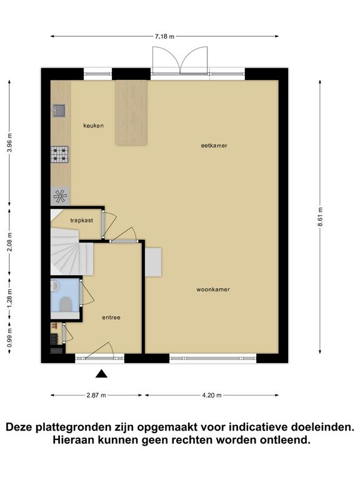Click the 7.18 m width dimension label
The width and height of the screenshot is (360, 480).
tap(164, 36)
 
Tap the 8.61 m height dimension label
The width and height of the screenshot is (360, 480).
tap(320, 217)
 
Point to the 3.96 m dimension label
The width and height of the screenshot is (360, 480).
tap(9, 142)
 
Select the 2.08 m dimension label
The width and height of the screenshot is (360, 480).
tap(9, 242)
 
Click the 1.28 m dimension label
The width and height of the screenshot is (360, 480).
tap(9, 299)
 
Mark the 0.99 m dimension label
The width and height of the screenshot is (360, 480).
tap(9, 337)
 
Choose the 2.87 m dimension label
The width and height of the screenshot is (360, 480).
tap(96, 395)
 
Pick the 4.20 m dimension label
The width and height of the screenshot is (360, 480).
tap(211, 395)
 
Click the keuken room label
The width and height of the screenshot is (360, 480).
tap(93, 126)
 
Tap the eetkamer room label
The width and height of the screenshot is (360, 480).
tap(214, 146)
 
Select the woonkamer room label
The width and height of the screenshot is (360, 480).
tap(213, 289)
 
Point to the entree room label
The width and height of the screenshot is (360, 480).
tap(111, 317)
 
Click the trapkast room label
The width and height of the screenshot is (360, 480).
tap(81, 221)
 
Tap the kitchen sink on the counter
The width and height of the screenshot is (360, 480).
tap(59, 111)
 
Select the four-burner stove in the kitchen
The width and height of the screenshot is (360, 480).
tap(60, 154)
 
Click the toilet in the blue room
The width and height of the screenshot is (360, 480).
tap(66, 304)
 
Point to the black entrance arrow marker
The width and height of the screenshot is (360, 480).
tap(101, 374)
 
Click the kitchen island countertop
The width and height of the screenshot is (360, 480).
tap(132, 112)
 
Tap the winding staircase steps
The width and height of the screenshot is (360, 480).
tap(71, 251)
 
